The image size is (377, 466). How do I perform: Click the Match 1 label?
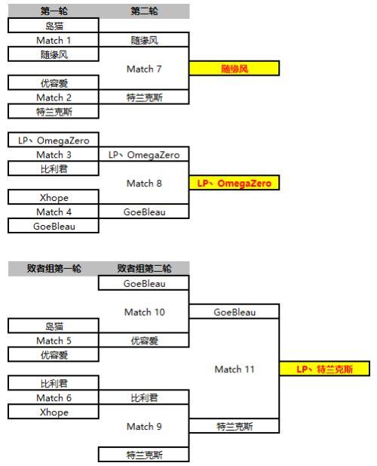[54, 40]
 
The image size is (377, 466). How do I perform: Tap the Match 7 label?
[144, 69]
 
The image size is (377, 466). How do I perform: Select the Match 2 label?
[54, 97]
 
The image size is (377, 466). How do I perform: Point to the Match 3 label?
[54, 155]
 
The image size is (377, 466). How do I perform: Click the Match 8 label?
[144, 183]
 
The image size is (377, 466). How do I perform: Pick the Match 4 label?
[54, 212]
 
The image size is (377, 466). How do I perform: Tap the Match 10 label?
[145, 312]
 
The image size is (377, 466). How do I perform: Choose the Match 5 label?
[54, 341]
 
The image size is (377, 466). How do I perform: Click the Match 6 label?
[54, 397]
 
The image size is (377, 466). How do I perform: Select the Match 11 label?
[234, 369]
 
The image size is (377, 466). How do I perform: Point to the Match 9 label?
[144, 427]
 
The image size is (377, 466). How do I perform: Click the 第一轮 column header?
[54, 11]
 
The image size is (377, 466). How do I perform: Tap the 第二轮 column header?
[144, 11]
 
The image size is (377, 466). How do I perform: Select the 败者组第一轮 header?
[54, 268]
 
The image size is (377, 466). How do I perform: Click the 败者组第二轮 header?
[144, 268]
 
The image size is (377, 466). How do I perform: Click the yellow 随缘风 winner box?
[234, 69]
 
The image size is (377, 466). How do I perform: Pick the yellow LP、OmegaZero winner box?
[234, 183]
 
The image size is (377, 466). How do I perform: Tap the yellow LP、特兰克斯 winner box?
[324, 369]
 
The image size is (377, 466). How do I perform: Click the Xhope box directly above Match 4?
[54, 197]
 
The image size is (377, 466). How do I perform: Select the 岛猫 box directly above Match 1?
[54, 25]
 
